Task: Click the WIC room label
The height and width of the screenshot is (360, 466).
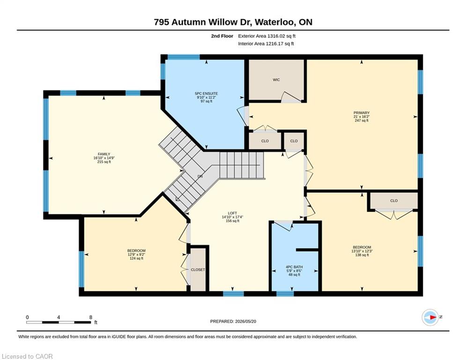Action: click(276, 80)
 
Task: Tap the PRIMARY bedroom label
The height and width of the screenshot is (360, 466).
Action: click(362, 113)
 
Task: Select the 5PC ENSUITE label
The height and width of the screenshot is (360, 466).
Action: click(206, 93)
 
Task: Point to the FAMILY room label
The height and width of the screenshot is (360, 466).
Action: click(104, 154)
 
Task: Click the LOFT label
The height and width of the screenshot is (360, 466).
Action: click(232, 213)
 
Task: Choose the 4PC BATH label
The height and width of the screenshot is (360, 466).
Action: click(294, 267)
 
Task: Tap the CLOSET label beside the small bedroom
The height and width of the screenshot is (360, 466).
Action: click(198, 270)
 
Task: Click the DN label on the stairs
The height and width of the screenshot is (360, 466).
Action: click(200, 176)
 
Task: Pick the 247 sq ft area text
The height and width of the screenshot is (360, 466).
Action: click(362, 120)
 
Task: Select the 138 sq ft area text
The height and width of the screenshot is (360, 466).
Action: click(362, 255)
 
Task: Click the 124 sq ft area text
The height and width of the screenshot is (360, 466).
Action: click(136, 258)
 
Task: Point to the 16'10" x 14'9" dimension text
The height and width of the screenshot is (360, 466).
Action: click(104, 158)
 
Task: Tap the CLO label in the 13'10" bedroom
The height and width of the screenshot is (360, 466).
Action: click(394, 201)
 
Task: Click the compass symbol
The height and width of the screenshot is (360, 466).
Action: click(430, 317)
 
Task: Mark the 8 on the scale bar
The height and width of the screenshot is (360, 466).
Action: click(91, 317)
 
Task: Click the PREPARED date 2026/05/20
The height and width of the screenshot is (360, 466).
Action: click(245, 321)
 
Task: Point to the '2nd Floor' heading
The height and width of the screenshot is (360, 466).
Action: click(222, 36)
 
